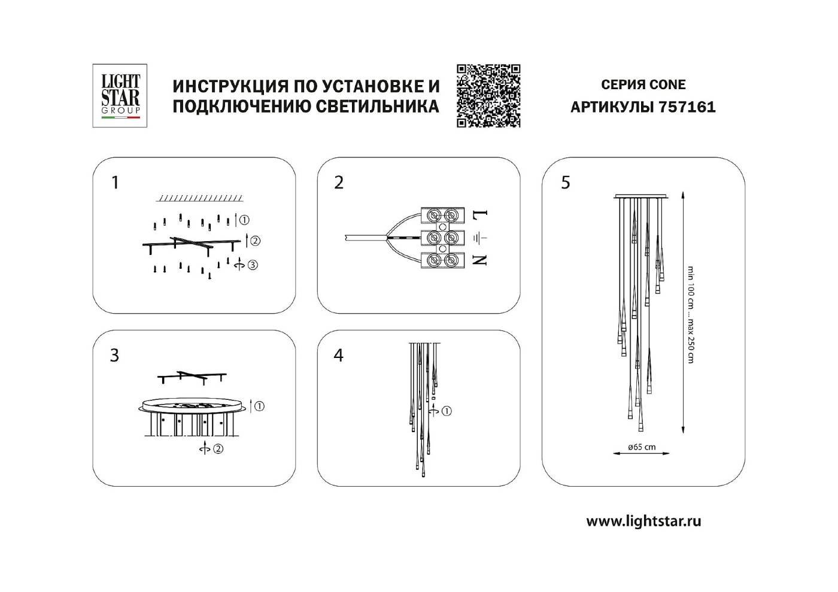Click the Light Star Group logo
(x=120, y=96)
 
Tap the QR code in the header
(x=488, y=96)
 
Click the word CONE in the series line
(x=666, y=85)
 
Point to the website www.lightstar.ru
(x=643, y=521)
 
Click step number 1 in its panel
(x=116, y=182)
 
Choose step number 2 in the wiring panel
(x=339, y=182)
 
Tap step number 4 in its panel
(x=339, y=355)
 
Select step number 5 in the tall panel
(x=566, y=182)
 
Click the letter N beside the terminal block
(x=482, y=260)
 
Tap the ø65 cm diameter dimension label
(x=642, y=447)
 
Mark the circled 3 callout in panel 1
(x=253, y=265)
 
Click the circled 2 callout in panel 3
(x=218, y=448)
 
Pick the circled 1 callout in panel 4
(x=447, y=411)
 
